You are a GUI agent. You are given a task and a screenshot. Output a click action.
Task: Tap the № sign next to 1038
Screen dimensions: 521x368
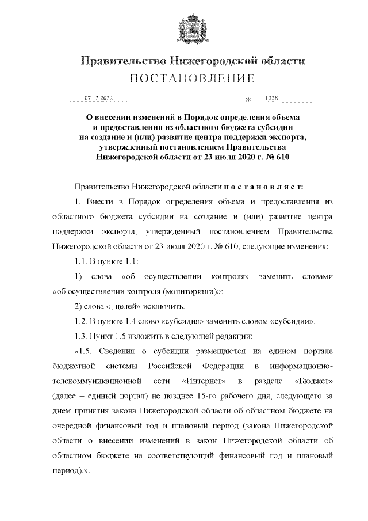click(x=249, y=100)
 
